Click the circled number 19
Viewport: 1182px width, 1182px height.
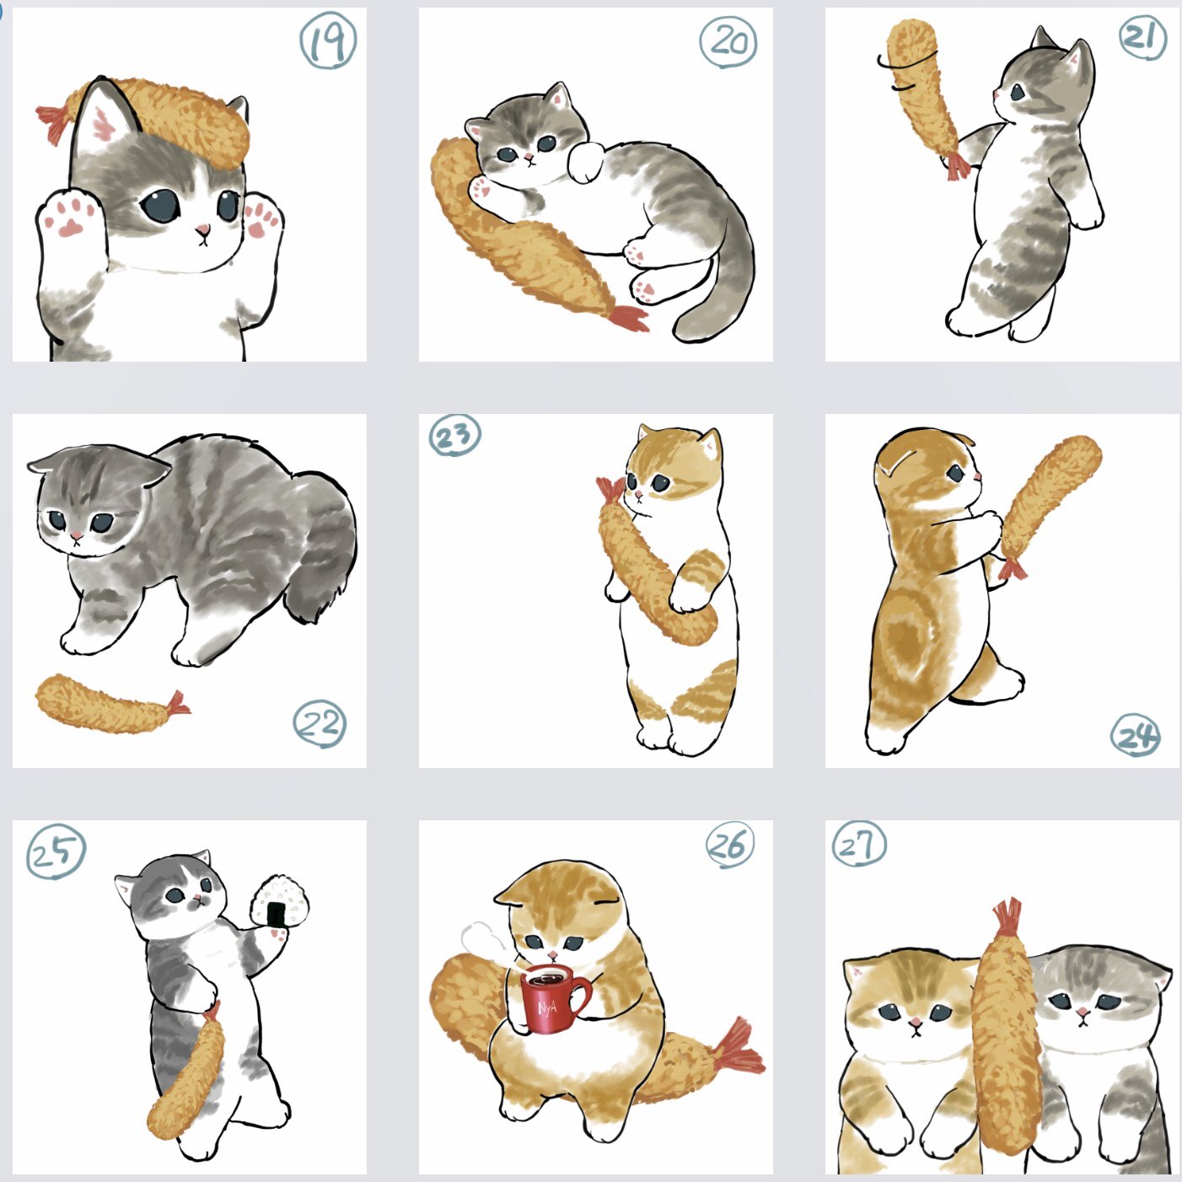pos(328,40)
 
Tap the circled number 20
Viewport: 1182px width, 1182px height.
pos(728,41)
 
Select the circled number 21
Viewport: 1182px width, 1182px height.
pos(1142,38)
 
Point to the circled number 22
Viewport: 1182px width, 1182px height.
pos(320,724)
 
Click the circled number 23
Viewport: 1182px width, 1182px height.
pos(454,436)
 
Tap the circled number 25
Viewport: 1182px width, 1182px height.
pos(56,852)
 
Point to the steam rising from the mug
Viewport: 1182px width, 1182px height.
pos(486,945)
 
